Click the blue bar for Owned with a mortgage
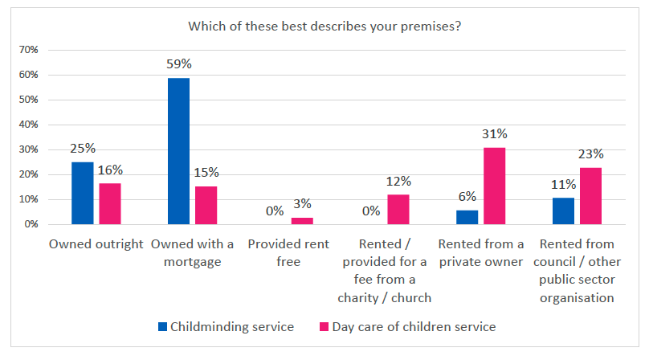point(178,151)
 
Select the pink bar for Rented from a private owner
point(494,186)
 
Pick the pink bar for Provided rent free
point(302,221)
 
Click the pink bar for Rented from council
point(590,196)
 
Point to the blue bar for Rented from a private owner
point(467,217)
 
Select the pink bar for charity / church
point(398,210)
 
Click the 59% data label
point(178,63)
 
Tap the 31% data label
point(494,133)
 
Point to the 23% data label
point(590,153)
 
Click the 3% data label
point(302,203)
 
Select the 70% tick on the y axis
point(29,50)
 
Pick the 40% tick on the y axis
point(29,125)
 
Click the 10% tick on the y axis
point(29,199)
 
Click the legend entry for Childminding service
point(220,327)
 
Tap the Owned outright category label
point(96,244)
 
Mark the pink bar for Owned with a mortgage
point(206,206)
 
